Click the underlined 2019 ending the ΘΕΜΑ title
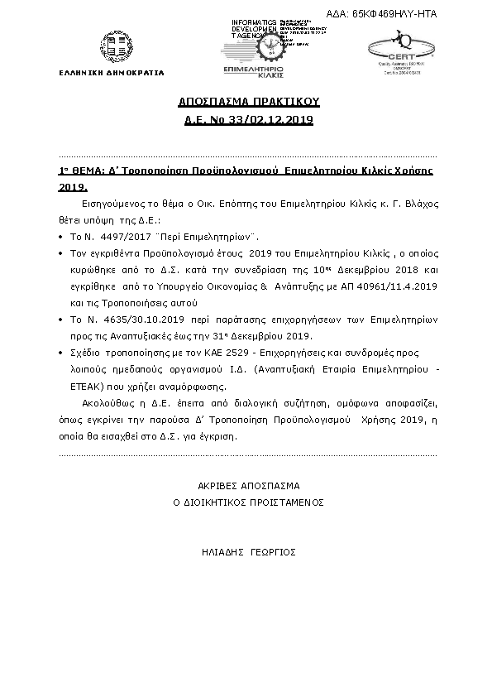(72, 187)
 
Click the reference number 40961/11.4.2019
(388, 284)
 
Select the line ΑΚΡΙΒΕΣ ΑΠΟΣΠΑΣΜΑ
(248, 486)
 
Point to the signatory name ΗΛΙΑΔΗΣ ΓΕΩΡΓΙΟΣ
(248, 551)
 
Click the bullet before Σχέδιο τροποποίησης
(63, 353)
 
